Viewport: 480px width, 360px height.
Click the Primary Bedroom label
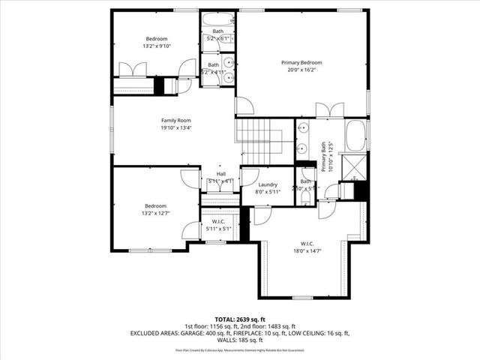click(301, 62)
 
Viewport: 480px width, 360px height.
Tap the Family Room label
click(176, 120)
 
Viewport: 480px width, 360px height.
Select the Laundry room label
click(268, 184)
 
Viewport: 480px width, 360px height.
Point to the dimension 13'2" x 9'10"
click(157, 46)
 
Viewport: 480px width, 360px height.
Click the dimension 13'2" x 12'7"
click(156, 213)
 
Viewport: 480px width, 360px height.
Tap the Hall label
click(221, 174)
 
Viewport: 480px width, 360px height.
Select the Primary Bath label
click(325, 157)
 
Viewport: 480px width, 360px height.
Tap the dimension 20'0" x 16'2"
click(301, 70)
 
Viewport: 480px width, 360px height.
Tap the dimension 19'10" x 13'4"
click(176, 127)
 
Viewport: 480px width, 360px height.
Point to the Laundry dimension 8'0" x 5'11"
click(268, 192)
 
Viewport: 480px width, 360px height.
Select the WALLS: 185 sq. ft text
click(239, 339)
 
